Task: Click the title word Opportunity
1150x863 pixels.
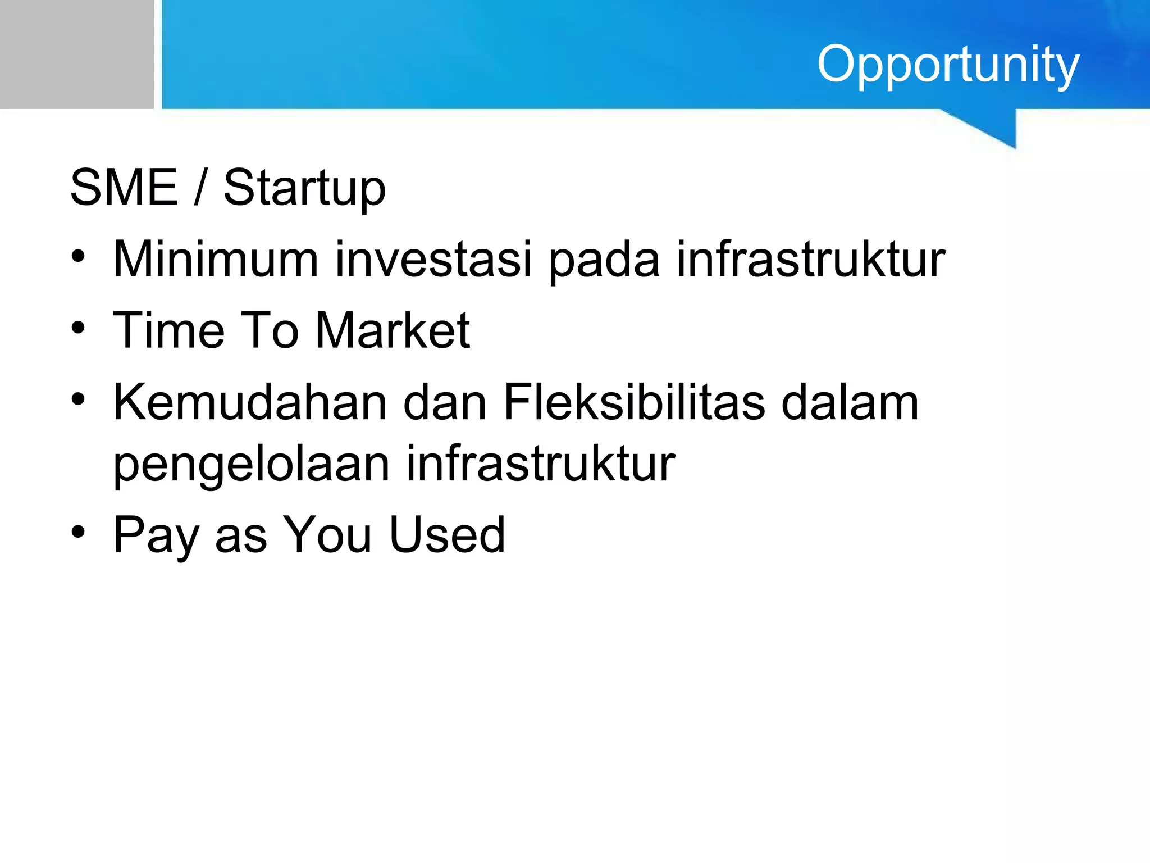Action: tap(948, 64)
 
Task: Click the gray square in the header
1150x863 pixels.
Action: tap(76, 54)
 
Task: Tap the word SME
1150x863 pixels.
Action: tap(124, 188)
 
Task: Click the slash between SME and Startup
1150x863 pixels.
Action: tap(199, 188)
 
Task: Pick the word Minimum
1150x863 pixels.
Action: tap(216, 259)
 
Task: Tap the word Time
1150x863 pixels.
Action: tap(168, 330)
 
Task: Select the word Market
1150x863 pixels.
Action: tap(393, 330)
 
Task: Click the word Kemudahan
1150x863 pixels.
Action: tap(250, 402)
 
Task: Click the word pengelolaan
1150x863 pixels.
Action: tap(251, 465)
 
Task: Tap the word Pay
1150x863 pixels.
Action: tap(156, 536)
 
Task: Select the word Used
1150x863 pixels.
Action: tap(447, 535)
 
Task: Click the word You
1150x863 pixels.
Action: tap(327, 535)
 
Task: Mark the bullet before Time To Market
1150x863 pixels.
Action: tap(79, 328)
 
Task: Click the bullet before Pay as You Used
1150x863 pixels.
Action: tap(79, 532)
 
